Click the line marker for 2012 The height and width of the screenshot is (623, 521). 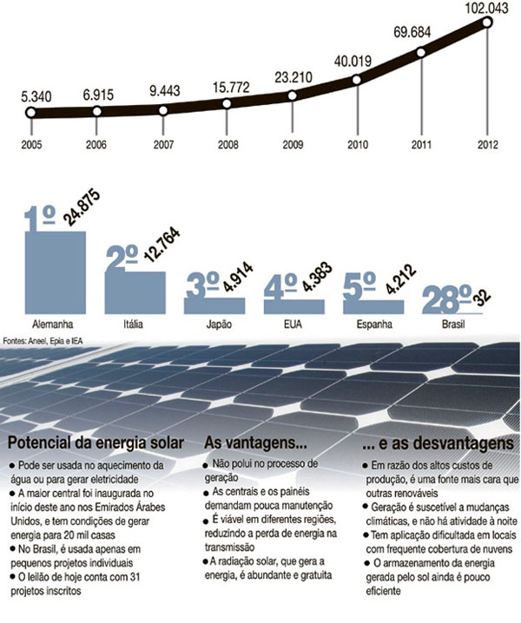(487, 23)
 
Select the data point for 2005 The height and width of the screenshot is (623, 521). (30, 113)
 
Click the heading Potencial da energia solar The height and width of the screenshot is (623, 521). (96, 443)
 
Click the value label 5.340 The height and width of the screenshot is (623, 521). (31, 94)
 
